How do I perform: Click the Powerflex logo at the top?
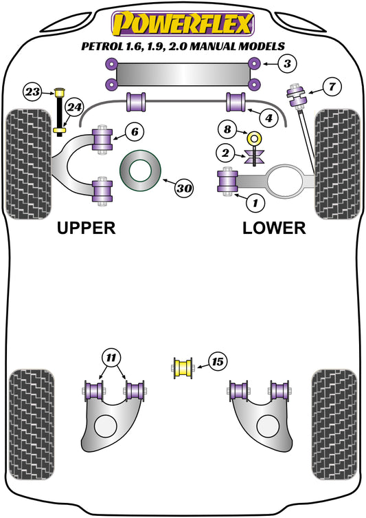pyautogui.click(x=183, y=23)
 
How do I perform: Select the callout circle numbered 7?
pyautogui.click(x=332, y=87)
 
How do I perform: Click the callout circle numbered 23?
pyautogui.click(x=32, y=91)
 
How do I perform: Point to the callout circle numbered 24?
pyautogui.click(x=74, y=107)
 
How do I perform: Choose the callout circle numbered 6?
pyautogui.click(x=135, y=131)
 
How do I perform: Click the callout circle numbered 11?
pyautogui.click(x=110, y=357)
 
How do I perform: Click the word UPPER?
pyautogui.click(x=86, y=228)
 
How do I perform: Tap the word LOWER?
pyautogui.click(x=273, y=228)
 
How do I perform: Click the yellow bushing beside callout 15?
pyautogui.click(x=183, y=367)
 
